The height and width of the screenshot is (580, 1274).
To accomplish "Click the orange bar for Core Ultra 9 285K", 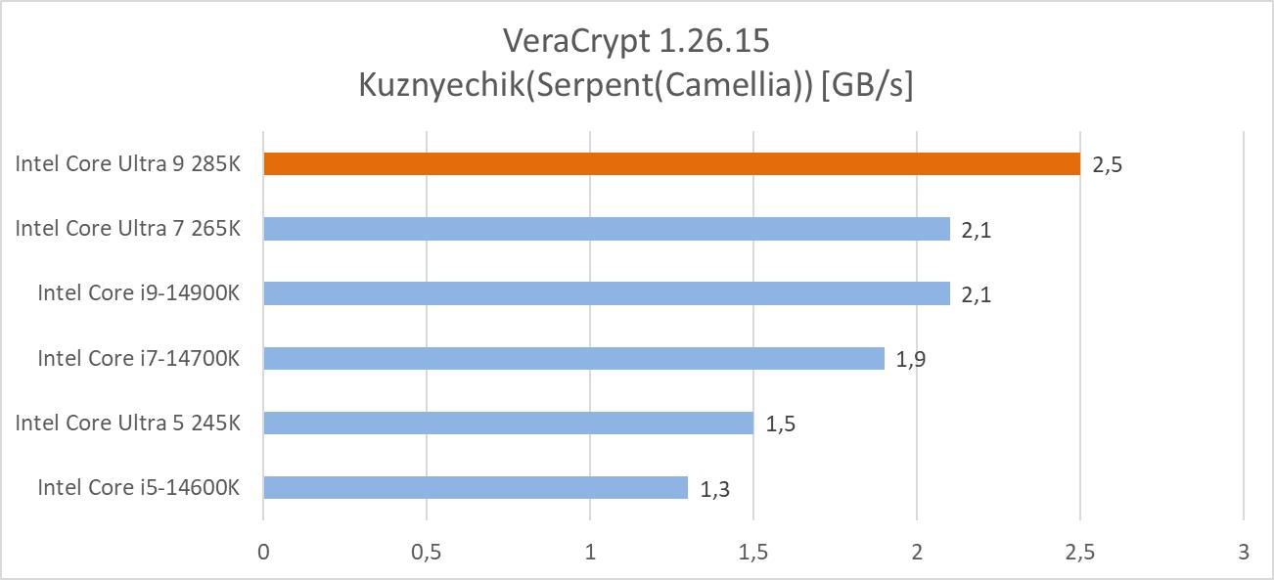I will (671, 164).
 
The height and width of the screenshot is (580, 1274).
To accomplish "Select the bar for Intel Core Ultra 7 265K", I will (607, 229).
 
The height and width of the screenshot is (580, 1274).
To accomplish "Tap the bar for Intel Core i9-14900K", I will (607, 293).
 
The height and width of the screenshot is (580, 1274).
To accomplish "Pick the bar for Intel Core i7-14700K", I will (573, 358).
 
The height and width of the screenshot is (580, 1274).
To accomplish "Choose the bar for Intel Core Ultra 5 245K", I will (508, 423).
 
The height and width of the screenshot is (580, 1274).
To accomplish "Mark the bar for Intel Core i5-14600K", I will (476, 487).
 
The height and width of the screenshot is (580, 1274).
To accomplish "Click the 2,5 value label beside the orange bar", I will (1107, 165).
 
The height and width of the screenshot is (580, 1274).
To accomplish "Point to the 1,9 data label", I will (911, 359).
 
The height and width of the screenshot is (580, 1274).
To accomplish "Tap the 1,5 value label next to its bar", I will (780, 424).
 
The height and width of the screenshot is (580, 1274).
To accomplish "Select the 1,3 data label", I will (714, 488).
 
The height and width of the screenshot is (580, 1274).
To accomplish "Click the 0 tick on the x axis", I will (263, 552).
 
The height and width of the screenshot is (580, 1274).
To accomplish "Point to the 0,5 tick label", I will (427, 552).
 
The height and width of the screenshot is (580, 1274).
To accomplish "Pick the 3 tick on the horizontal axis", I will (1243, 552).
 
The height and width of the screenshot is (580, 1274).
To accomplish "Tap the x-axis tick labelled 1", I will (590, 552).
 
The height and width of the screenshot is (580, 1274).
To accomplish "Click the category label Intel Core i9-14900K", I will (138, 293).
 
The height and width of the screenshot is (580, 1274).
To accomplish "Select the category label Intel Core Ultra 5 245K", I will (127, 423).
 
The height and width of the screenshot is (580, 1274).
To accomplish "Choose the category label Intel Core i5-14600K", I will (138, 487).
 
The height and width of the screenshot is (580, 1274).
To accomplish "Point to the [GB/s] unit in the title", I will (867, 85).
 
